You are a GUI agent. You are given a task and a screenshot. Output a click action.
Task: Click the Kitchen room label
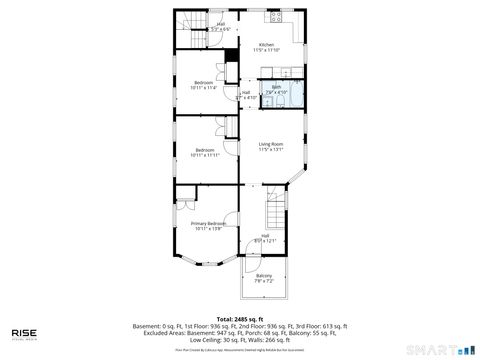266,45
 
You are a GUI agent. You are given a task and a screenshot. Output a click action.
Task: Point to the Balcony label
264,275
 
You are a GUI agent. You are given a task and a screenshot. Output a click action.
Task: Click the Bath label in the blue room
277,87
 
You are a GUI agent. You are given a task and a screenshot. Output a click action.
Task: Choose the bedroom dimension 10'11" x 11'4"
203,88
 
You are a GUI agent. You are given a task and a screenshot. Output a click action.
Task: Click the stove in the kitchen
273,17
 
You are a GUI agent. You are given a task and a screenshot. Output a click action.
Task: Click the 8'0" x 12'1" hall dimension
265,241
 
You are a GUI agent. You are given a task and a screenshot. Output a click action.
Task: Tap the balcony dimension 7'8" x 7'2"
264,281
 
